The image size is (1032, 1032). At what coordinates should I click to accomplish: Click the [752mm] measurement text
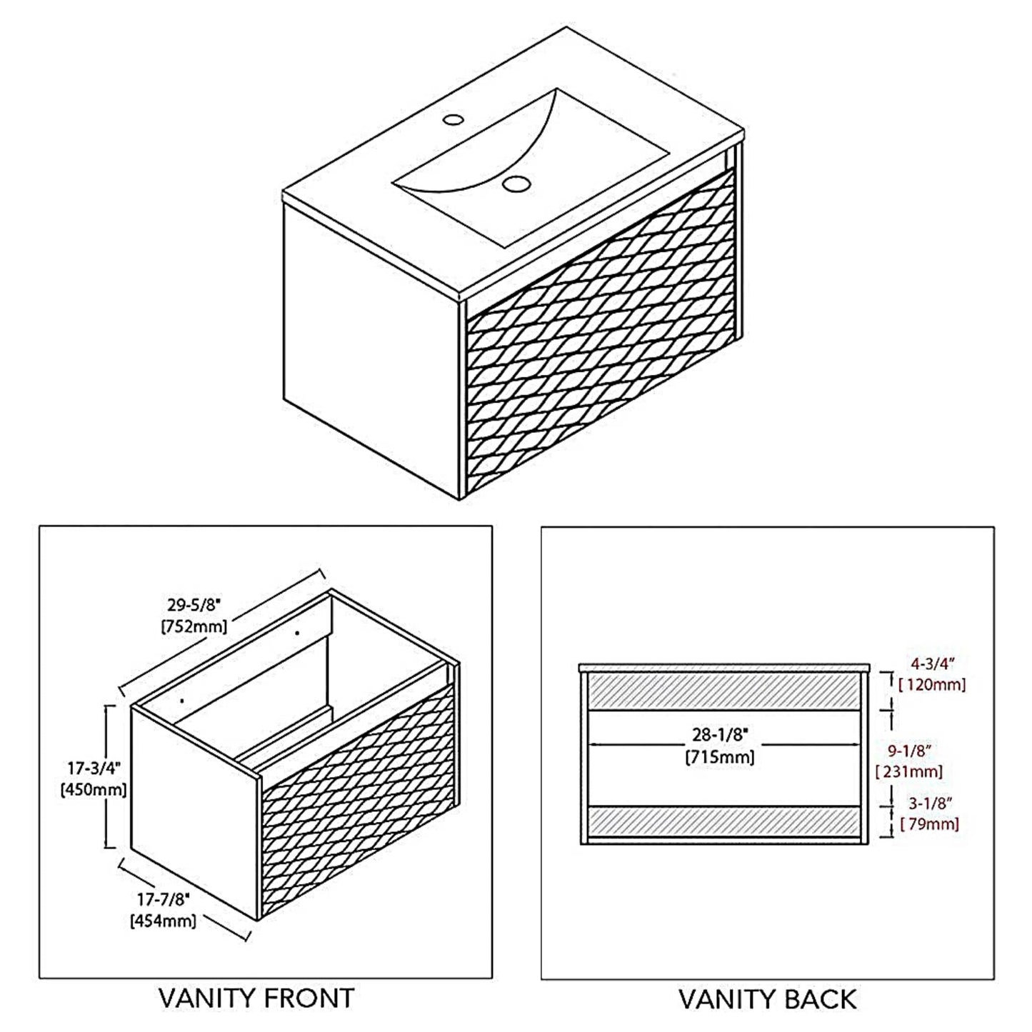point(194,626)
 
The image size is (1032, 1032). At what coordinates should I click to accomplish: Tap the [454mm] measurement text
point(163,921)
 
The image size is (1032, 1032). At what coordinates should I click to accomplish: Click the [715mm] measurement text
point(720,756)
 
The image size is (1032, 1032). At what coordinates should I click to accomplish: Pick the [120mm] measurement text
point(932,684)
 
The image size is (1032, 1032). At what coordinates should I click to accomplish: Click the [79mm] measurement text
point(929,823)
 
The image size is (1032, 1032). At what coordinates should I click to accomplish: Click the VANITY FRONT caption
point(256,998)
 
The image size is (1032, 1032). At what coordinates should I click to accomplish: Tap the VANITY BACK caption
point(767,998)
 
